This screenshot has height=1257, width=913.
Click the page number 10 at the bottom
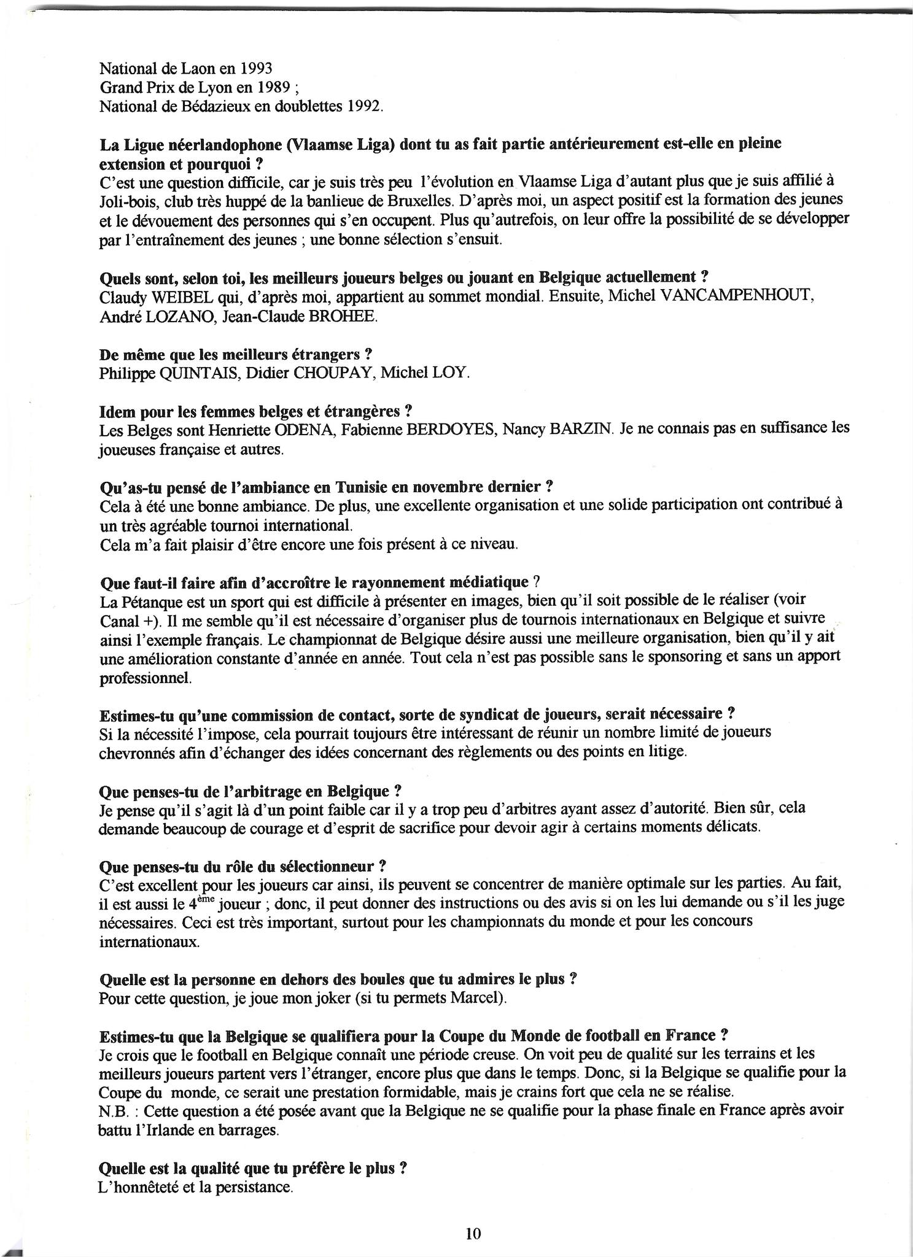point(473,1234)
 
